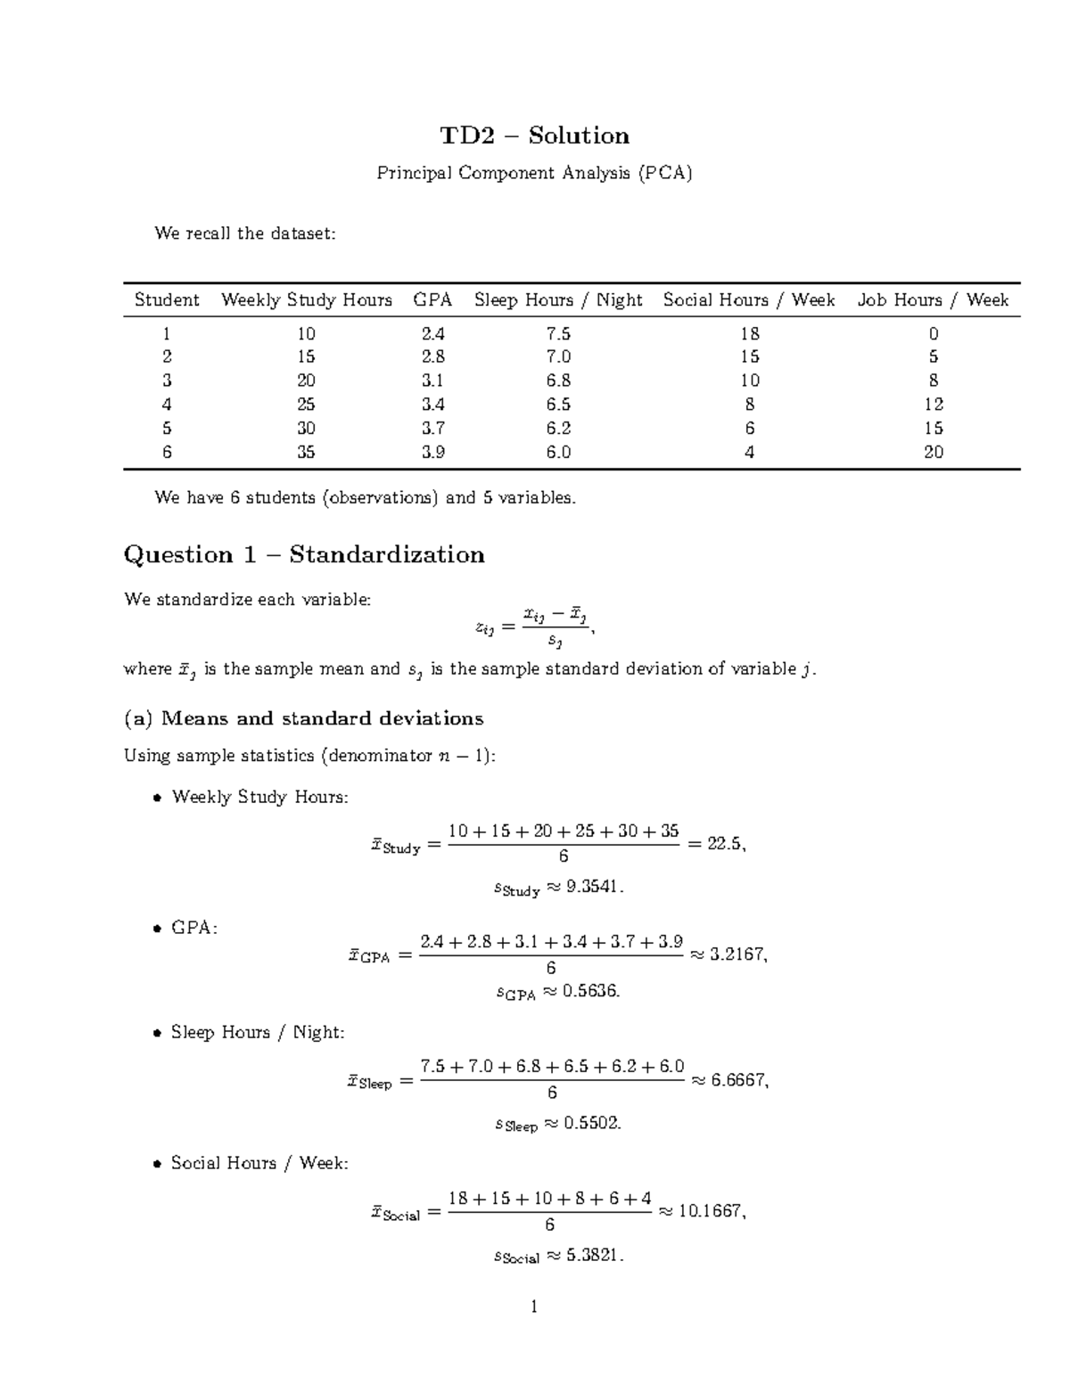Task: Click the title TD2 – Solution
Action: [x=534, y=135]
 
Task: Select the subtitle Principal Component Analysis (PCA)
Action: [x=534, y=173]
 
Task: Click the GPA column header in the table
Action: [x=432, y=300]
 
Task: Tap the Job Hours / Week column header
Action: [x=933, y=300]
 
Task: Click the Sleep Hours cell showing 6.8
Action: [x=558, y=381]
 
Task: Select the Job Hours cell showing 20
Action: [x=933, y=452]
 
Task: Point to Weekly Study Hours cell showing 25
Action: [x=306, y=405]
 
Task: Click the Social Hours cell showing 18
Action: [x=749, y=333]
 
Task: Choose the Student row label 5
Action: [x=167, y=429]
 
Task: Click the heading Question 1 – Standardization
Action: [x=304, y=554]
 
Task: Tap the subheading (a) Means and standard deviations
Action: [x=304, y=718]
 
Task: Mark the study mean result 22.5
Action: [x=724, y=843]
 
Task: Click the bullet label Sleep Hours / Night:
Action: [x=257, y=1032]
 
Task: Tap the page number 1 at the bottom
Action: [x=534, y=1307]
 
